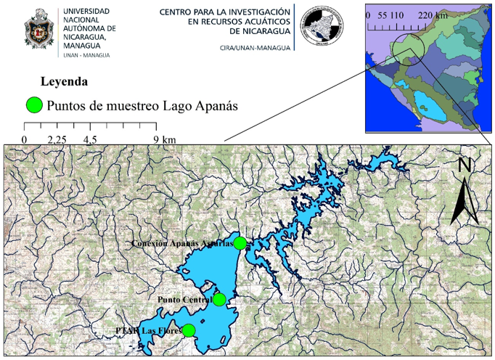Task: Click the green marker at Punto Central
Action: pos(218,298)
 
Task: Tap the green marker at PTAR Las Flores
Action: pos(189,330)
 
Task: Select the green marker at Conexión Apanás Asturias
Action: pos(240,242)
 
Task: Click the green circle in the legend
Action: pos(33,105)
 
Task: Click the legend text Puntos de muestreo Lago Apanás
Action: pos(142,106)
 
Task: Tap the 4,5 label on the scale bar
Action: pos(90,139)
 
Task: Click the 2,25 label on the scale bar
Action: pos(57,139)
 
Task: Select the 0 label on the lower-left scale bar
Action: pos(25,139)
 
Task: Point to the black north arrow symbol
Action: pos(463,200)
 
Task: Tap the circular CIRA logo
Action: pos(318,27)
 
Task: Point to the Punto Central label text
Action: pos(184,299)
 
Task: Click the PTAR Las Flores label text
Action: pos(148,331)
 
